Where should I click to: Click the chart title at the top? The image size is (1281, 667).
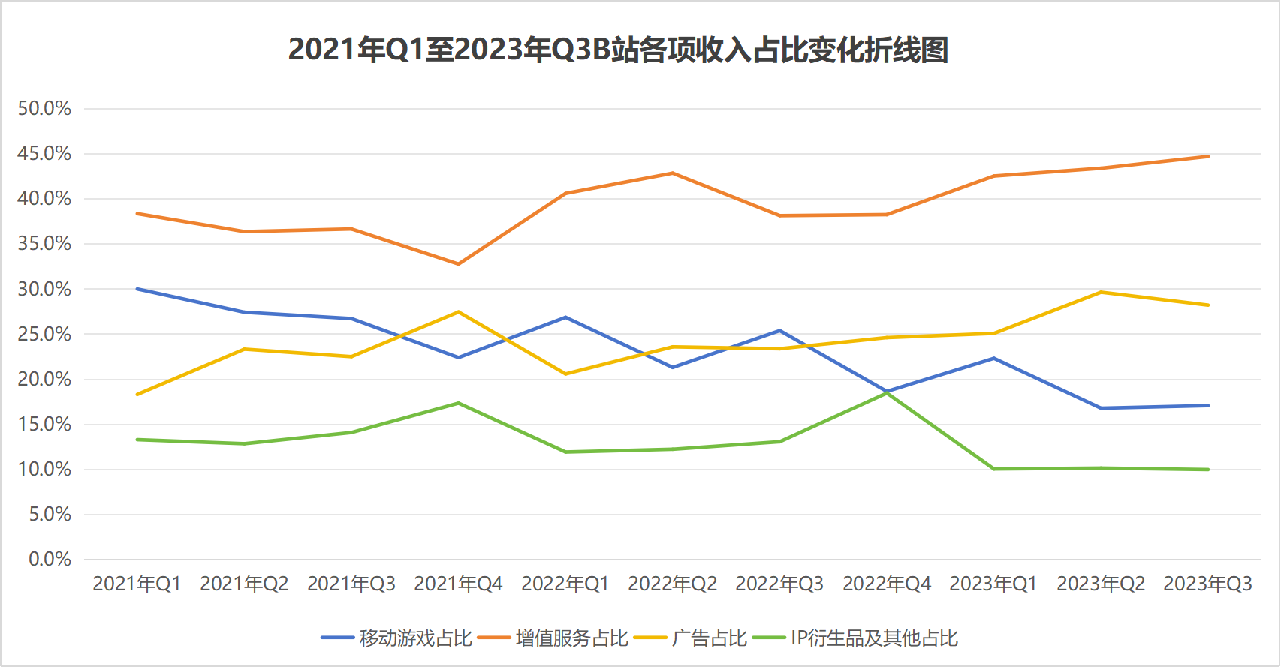coord(618,50)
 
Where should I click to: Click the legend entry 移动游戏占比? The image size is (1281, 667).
coord(415,638)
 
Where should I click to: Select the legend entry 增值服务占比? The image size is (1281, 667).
coord(571,638)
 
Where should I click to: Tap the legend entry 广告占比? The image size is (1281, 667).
coord(709,638)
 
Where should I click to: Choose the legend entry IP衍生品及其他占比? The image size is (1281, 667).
coord(874,638)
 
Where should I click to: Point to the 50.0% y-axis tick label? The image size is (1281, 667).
coord(44,109)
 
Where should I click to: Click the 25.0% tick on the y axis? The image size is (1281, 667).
coord(44,334)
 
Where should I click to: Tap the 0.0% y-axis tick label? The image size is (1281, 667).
coord(50,559)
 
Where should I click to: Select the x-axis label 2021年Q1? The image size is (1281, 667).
coord(137,584)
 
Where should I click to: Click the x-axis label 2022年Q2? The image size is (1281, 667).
coord(672,584)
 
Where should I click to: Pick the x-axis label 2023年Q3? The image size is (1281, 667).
coord(1207,584)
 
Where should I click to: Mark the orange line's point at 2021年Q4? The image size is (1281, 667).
coord(458,264)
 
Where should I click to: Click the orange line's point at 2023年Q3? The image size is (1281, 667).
coord(1208,156)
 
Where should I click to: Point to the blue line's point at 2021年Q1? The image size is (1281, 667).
coord(137,289)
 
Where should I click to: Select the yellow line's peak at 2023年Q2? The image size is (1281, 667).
coord(1101,292)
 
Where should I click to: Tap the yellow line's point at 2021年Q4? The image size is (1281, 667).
coord(458,312)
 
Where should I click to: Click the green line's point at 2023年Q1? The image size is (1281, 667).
coord(994,469)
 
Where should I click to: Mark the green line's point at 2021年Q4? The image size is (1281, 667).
coord(458,403)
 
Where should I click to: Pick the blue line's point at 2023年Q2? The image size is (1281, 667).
coord(1101,408)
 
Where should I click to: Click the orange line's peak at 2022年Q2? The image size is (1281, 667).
coord(672,173)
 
